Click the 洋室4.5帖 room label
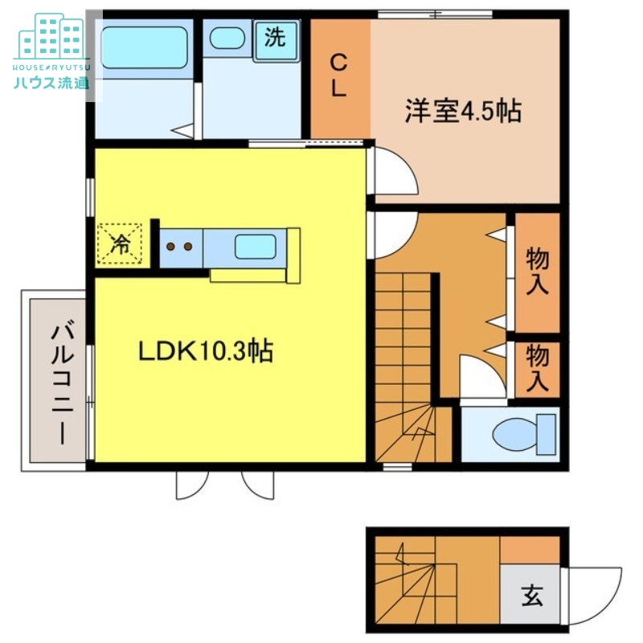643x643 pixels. click(x=464, y=111)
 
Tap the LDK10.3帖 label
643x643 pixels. click(x=206, y=351)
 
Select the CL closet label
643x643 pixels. click(x=339, y=76)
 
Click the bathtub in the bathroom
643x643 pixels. click(x=145, y=47)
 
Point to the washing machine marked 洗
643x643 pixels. click(x=275, y=40)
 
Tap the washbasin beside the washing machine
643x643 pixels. click(x=227, y=38)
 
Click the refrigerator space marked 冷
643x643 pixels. click(x=119, y=244)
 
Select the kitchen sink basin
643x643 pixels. click(x=255, y=247)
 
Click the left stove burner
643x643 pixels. click(x=170, y=247)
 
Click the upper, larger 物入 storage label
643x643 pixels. click(x=537, y=271)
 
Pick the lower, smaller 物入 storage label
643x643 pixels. click(x=537, y=368)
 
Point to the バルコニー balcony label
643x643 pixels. click(x=63, y=385)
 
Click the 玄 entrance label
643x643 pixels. click(x=532, y=596)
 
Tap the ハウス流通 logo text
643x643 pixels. click(x=51, y=83)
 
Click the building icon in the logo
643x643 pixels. click(x=51, y=36)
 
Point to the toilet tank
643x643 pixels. click(x=547, y=434)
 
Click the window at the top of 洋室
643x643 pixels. click(x=435, y=14)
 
